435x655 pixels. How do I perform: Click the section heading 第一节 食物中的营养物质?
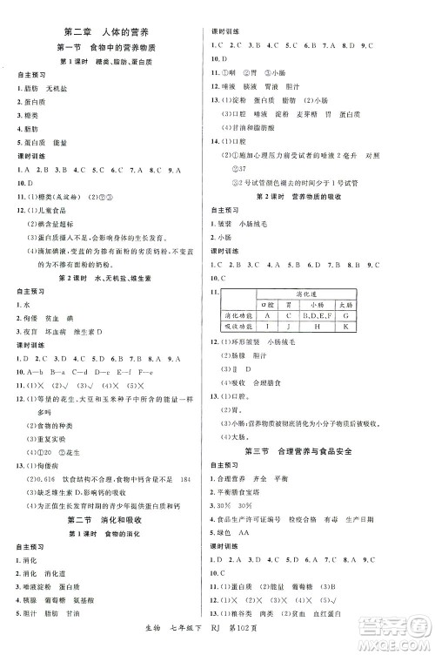click(108, 49)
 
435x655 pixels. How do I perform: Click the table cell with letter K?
click(345, 326)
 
